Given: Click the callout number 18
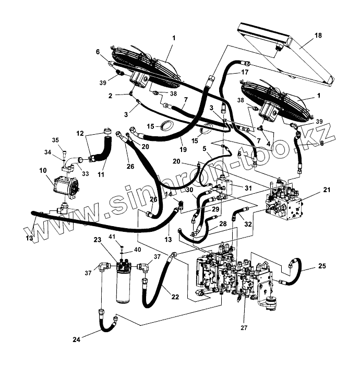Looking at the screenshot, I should [x=318, y=35].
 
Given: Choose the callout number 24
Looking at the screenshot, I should [x=77, y=339].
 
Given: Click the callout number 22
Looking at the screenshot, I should [x=175, y=297].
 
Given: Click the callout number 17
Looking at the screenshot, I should [x=244, y=73].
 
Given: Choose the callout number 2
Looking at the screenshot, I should [x=110, y=95].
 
